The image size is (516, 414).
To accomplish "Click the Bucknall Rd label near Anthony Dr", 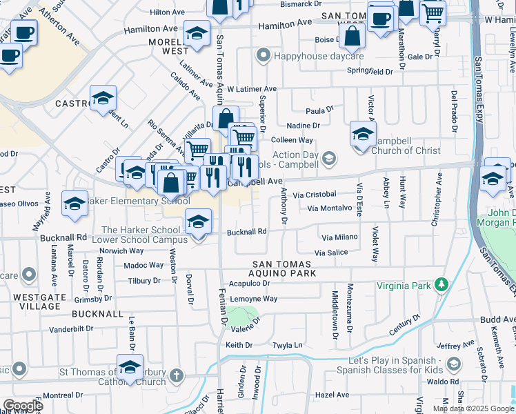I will coord(247,232).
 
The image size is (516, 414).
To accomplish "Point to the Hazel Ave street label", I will coord(332,395).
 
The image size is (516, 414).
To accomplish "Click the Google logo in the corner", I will coord(23,406).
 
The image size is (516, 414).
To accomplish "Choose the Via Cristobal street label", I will coord(314,195).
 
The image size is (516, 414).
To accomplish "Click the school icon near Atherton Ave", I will coord(102,98).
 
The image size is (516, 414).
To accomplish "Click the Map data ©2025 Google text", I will coord(473,408).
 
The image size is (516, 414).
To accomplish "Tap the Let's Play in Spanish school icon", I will coord(454,364).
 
